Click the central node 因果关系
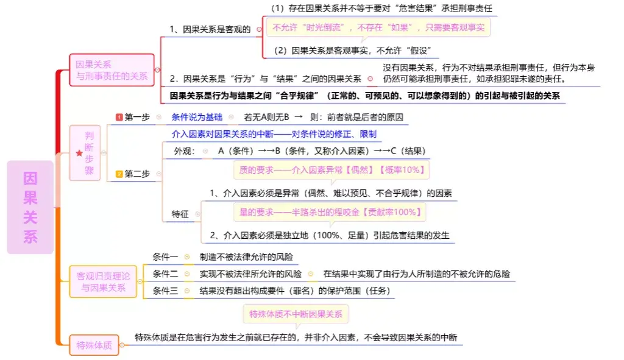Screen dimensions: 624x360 30,207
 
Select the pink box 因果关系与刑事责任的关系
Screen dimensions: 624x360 112,70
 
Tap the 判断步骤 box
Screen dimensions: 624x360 85,153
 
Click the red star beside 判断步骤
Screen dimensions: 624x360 79,154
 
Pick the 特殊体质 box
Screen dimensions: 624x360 94,345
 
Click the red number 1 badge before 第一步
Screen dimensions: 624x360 119,117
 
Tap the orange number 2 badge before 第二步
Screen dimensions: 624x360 119,174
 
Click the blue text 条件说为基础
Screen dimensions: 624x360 197,117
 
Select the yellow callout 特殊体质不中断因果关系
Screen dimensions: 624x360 287,314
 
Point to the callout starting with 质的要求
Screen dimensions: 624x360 331,170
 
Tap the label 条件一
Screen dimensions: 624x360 166,257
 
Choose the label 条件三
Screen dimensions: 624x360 166,291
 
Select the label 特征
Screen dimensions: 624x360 180,214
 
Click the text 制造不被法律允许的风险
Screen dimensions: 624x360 250,257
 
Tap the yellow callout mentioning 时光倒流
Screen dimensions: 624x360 378,28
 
